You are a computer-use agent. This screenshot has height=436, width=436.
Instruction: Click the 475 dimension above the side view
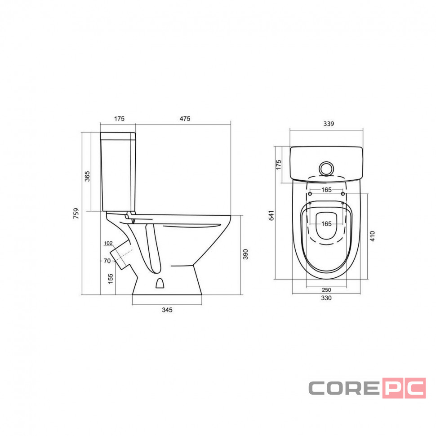tap(185, 119)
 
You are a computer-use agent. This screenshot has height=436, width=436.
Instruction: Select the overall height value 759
tap(76, 213)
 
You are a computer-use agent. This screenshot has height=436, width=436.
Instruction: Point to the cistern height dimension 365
tap(87, 176)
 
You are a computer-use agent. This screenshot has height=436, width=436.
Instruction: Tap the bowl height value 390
tap(245, 254)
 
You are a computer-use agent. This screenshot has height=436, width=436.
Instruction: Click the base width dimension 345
tap(167, 310)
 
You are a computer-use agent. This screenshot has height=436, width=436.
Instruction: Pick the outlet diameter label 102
tap(108, 243)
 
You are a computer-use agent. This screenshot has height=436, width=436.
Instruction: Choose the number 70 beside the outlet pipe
tap(107, 261)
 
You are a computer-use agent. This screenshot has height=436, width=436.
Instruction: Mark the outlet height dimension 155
tap(111, 279)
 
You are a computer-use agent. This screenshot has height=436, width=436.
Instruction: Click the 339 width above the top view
tap(329, 124)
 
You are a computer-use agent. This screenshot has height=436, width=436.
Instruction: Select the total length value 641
tap(271, 215)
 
